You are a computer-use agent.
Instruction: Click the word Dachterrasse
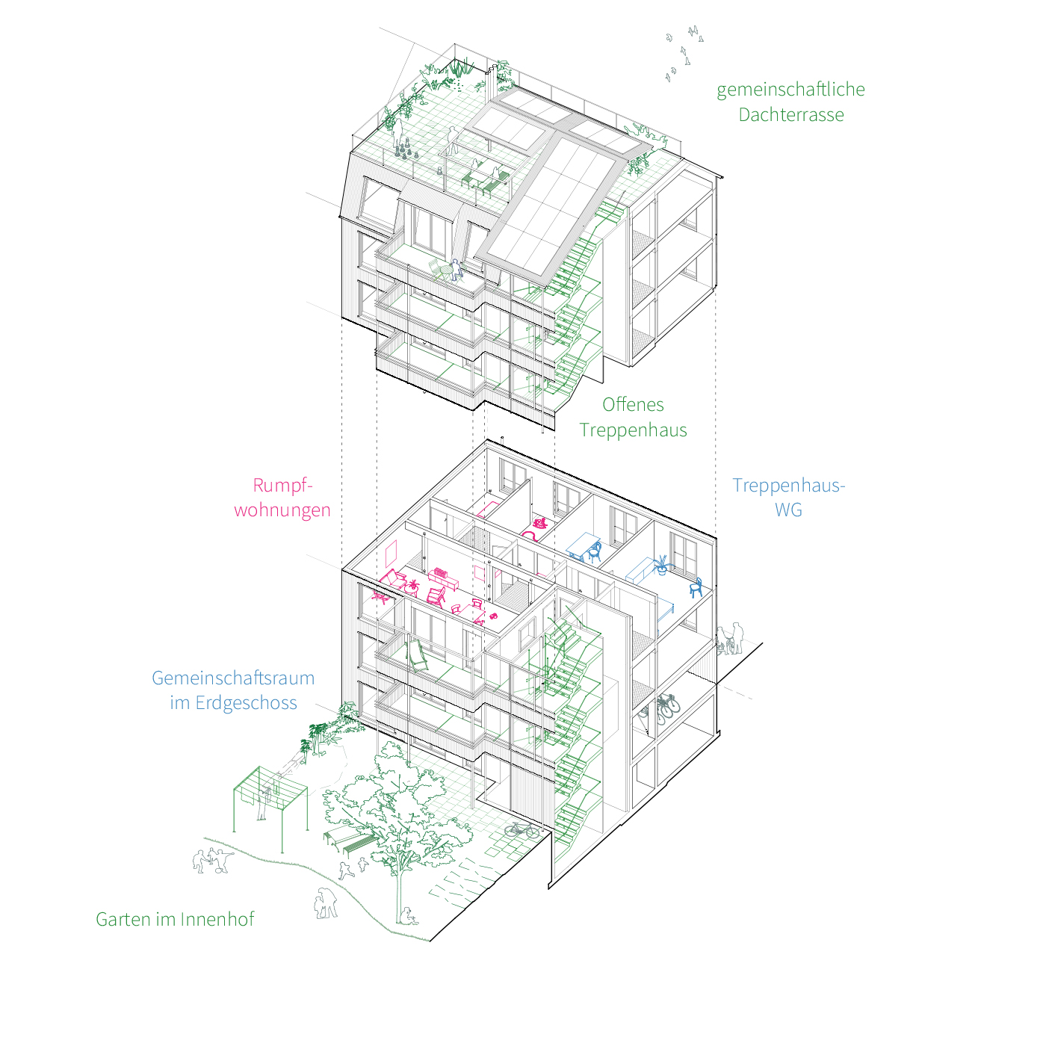(x=791, y=115)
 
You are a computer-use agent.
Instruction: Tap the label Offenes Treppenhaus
(x=633, y=417)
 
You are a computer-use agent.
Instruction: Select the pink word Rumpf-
(x=283, y=486)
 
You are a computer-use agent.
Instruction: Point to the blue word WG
(x=788, y=510)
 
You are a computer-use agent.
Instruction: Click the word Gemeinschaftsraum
(x=233, y=678)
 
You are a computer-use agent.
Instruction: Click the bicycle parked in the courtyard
(x=522, y=830)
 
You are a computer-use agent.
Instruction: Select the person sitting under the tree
(x=408, y=916)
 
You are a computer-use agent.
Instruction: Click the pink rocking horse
(x=541, y=523)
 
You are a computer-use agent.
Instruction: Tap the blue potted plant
(x=662, y=565)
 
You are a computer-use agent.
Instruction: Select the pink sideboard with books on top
(x=444, y=579)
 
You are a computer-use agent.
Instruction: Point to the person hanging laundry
(x=265, y=803)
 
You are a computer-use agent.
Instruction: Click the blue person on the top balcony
(x=457, y=269)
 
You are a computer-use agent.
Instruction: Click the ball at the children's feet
(x=219, y=870)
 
